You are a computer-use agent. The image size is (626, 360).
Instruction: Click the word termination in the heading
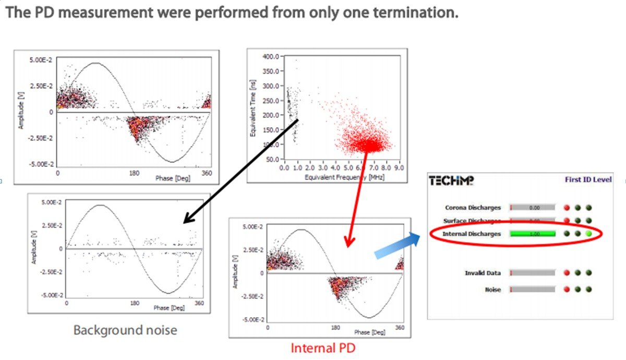419,13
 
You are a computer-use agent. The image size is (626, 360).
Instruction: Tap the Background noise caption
125,330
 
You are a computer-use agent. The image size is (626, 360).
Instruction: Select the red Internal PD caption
322,347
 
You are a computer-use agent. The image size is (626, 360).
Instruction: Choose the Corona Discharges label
473,208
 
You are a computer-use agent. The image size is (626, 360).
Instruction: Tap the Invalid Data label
483,272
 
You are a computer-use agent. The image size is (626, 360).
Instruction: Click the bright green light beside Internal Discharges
589,234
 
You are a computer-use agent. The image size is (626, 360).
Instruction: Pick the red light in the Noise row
567,289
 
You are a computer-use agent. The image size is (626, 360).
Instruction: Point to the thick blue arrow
397,246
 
